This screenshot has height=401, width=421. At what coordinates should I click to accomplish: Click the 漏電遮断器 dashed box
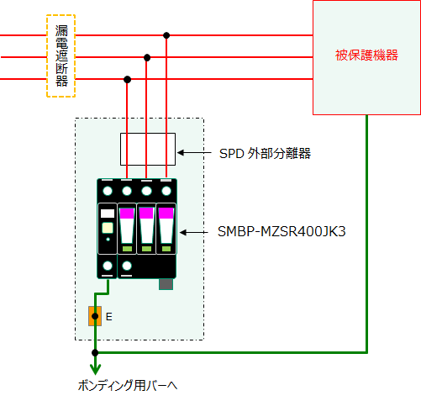tap(47, 56)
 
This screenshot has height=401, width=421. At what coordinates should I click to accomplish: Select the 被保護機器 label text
tap(366, 55)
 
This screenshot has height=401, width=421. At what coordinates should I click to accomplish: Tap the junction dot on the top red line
tap(166, 35)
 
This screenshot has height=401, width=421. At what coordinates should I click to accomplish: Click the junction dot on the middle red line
tap(147, 57)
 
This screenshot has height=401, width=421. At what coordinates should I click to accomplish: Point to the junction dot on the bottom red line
tap(127, 80)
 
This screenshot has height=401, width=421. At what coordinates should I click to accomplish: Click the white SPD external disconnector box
tap(121, 149)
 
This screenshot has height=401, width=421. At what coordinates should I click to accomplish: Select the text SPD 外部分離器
tap(265, 154)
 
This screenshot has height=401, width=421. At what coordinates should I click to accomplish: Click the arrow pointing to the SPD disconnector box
tap(194, 153)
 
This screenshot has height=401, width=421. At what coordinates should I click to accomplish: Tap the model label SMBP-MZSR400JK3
tap(282, 231)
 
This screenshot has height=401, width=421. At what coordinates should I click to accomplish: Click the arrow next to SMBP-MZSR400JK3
tap(194, 232)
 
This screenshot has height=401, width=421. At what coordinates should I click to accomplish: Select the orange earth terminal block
tap(95, 316)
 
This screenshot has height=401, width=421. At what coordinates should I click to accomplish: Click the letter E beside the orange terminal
tap(109, 317)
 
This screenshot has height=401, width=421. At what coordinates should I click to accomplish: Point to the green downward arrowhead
tap(95, 369)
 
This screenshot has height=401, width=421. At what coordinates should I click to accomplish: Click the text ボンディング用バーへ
tap(128, 386)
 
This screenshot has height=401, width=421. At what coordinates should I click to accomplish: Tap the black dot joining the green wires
tap(95, 352)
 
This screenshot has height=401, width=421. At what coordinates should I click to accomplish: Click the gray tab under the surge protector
tap(166, 284)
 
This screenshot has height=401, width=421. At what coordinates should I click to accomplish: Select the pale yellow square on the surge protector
tap(108, 228)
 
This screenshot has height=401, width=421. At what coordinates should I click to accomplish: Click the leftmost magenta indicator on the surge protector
tap(127, 214)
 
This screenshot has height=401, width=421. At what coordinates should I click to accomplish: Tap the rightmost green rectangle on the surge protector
tap(166, 249)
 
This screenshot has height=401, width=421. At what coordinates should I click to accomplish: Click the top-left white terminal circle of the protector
tap(108, 191)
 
